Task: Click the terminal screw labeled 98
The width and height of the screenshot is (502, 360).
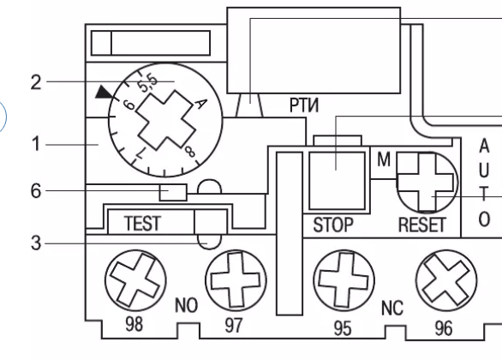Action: [x=135, y=280]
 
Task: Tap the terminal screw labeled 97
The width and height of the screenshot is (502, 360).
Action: [x=236, y=280]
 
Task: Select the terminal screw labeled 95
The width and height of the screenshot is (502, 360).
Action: [x=344, y=280]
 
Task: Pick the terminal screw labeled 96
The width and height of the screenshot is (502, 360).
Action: [x=446, y=280]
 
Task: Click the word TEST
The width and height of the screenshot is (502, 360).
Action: [x=142, y=223]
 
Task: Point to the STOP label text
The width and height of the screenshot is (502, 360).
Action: [x=333, y=225]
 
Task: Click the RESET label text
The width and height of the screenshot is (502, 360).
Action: [x=422, y=225]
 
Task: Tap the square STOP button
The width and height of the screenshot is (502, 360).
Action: [x=337, y=181]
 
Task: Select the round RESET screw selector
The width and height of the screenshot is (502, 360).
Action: [x=427, y=182]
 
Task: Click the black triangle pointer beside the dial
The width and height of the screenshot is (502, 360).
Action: [x=105, y=92]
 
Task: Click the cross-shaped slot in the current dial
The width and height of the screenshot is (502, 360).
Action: [x=165, y=120]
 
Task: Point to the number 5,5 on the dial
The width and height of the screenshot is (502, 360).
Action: [x=147, y=83]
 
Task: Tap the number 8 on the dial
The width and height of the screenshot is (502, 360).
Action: [x=189, y=151]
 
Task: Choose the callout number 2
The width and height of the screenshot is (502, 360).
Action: [x=36, y=82]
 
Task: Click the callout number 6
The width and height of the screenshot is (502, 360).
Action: [x=36, y=191]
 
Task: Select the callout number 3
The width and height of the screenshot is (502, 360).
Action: [x=36, y=243]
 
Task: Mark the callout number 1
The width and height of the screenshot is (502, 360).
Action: [x=37, y=144]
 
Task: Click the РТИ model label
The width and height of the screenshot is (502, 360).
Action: [x=304, y=105]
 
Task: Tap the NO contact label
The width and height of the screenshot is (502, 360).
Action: [x=187, y=305]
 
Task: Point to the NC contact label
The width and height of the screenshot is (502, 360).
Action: [x=392, y=309]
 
